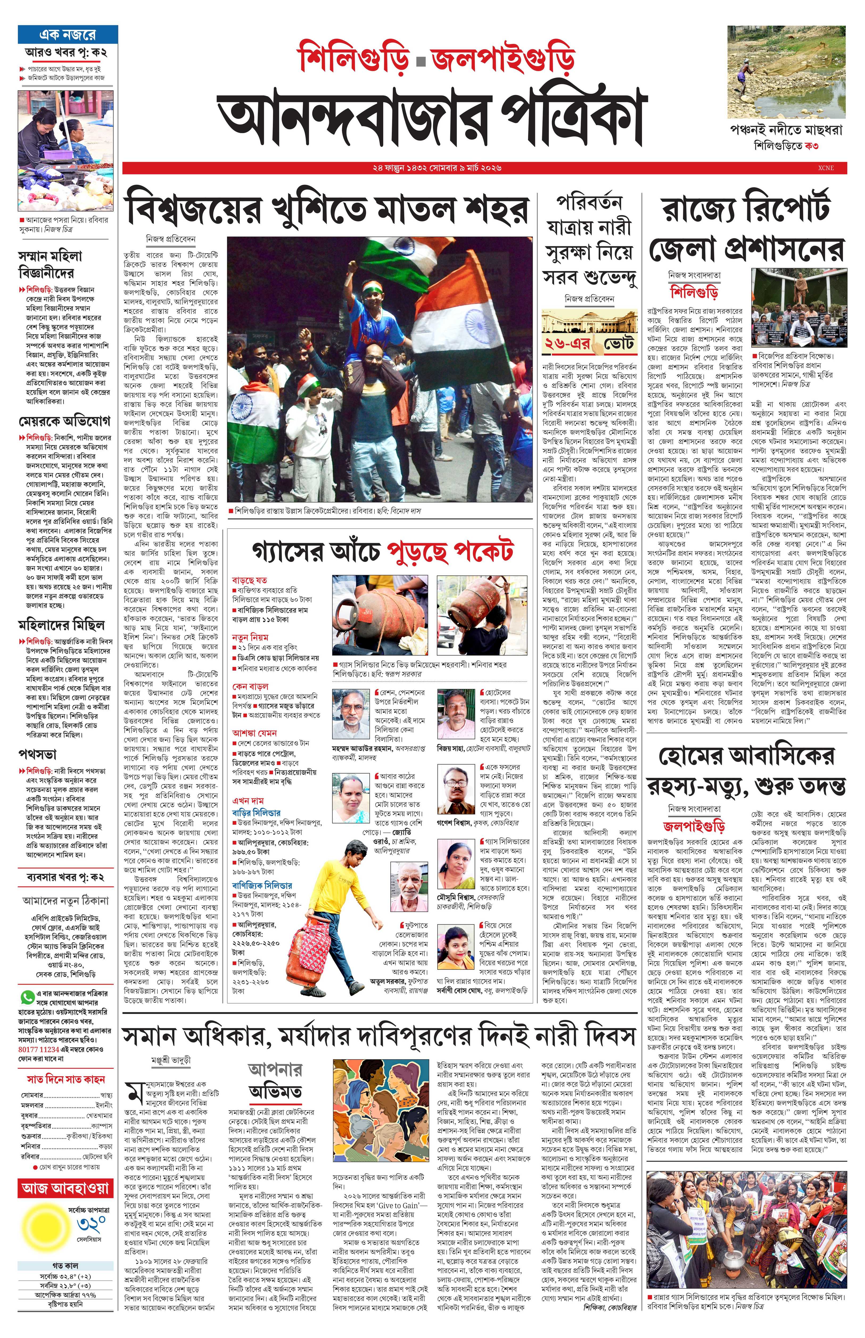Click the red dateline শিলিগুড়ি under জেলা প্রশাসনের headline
(695, 292)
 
